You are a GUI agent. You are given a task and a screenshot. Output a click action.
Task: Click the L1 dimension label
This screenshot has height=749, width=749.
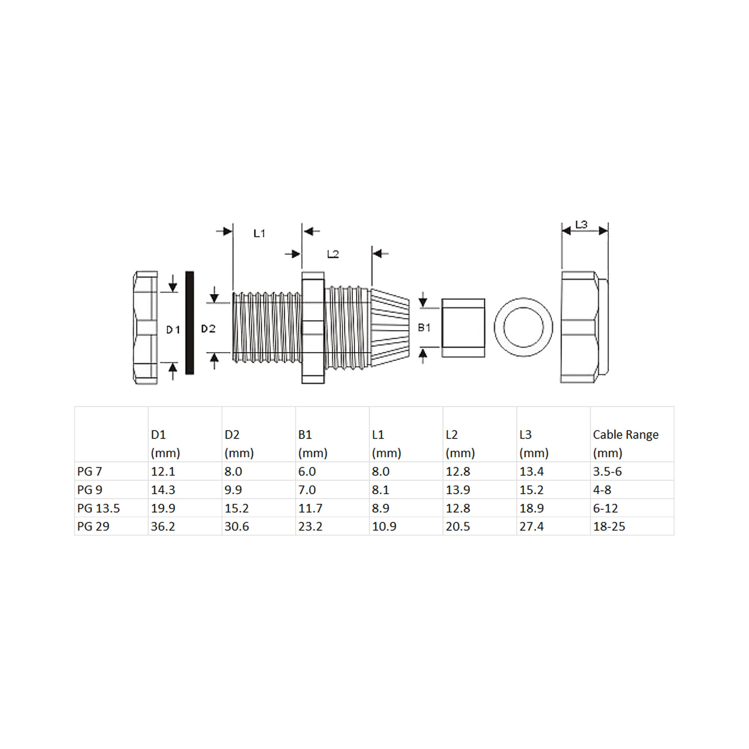coord(259,233)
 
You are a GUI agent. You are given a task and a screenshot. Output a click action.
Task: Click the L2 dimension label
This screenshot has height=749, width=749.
coord(333,254)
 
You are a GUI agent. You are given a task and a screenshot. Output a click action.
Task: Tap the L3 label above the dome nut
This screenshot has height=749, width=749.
coord(581,224)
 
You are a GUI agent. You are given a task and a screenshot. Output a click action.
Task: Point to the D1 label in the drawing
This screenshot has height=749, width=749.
coord(173,330)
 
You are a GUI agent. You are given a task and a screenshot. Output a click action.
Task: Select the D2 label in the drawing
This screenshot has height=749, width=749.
coord(208,329)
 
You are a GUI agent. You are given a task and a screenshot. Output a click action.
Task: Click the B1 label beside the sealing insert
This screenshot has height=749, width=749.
coord(424,328)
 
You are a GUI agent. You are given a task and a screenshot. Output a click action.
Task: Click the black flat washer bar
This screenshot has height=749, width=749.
coord(189,322)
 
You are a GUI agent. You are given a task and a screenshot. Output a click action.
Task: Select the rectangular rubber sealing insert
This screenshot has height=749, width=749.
coord(463,328)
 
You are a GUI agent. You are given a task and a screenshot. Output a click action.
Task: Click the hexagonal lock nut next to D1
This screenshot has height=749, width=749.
coord(146,328)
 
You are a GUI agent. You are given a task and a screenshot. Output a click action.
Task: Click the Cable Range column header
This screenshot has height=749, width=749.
coord(625,434)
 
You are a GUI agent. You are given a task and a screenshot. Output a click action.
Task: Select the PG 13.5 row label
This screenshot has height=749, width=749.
coord(98,508)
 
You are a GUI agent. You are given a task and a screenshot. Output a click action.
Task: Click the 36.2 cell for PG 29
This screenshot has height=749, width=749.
coord(163,526)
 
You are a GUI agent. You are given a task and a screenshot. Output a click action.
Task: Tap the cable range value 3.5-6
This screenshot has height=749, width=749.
coord(607,471)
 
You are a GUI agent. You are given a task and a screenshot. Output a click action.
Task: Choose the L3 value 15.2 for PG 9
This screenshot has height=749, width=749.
coord(531,489)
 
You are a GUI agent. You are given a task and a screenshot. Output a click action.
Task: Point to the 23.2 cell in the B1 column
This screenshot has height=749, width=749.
coord(310,526)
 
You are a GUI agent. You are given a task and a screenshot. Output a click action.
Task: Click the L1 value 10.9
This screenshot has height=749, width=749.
coord(384,526)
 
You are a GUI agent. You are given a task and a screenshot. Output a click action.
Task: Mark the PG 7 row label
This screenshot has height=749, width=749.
coord(90,471)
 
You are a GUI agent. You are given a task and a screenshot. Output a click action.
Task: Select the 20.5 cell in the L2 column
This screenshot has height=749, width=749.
coord(458,526)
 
